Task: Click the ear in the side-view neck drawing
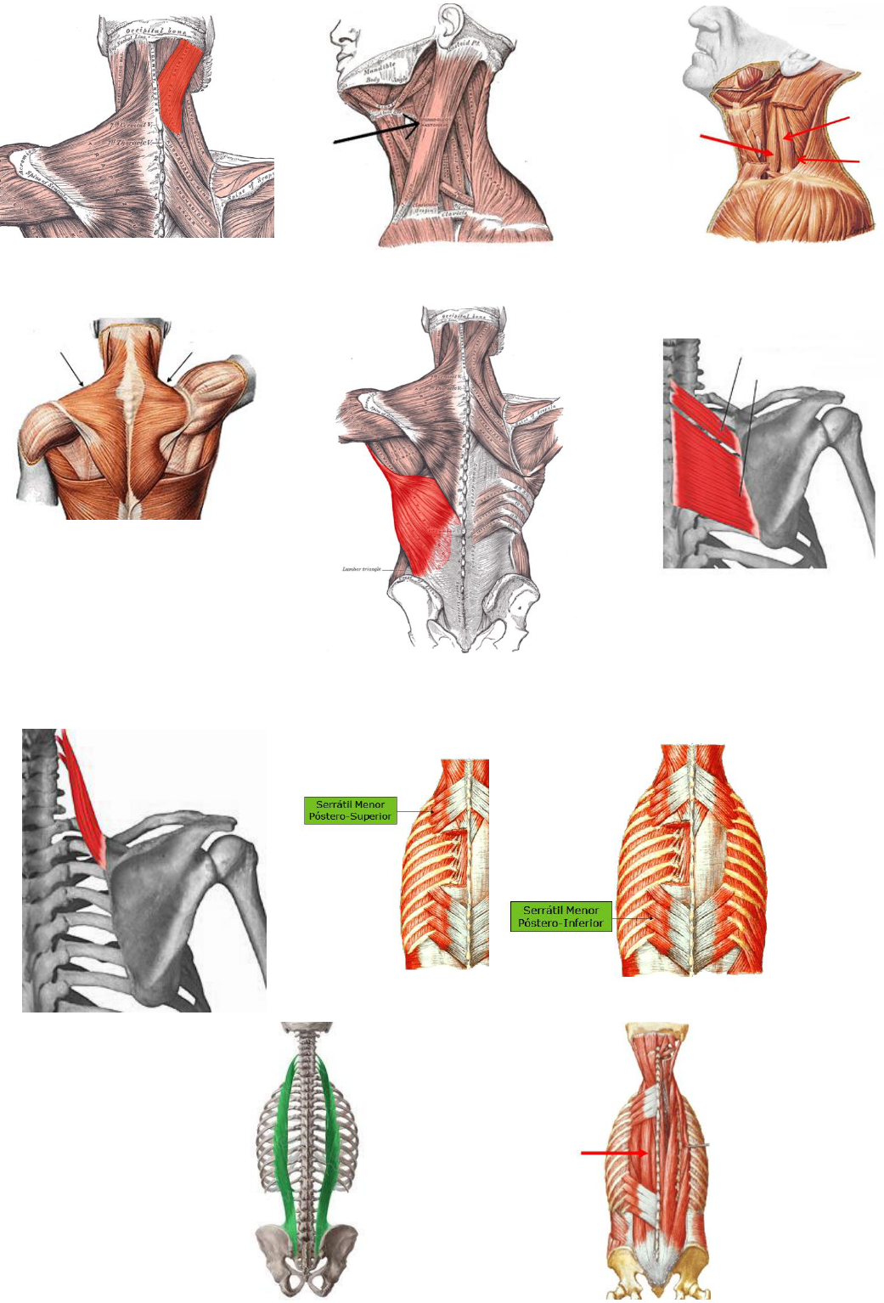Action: (x=448, y=23)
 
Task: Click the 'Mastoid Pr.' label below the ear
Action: (x=464, y=41)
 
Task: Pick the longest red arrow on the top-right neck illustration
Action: (x=735, y=144)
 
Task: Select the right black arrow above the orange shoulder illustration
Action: (x=180, y=368)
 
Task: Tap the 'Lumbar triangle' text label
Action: (x=361, y=569)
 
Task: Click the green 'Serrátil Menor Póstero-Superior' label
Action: (x=350, y=810)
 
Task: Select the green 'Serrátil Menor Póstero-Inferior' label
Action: (x=560, y=917)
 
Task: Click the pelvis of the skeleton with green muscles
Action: (x=307, y=1254)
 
